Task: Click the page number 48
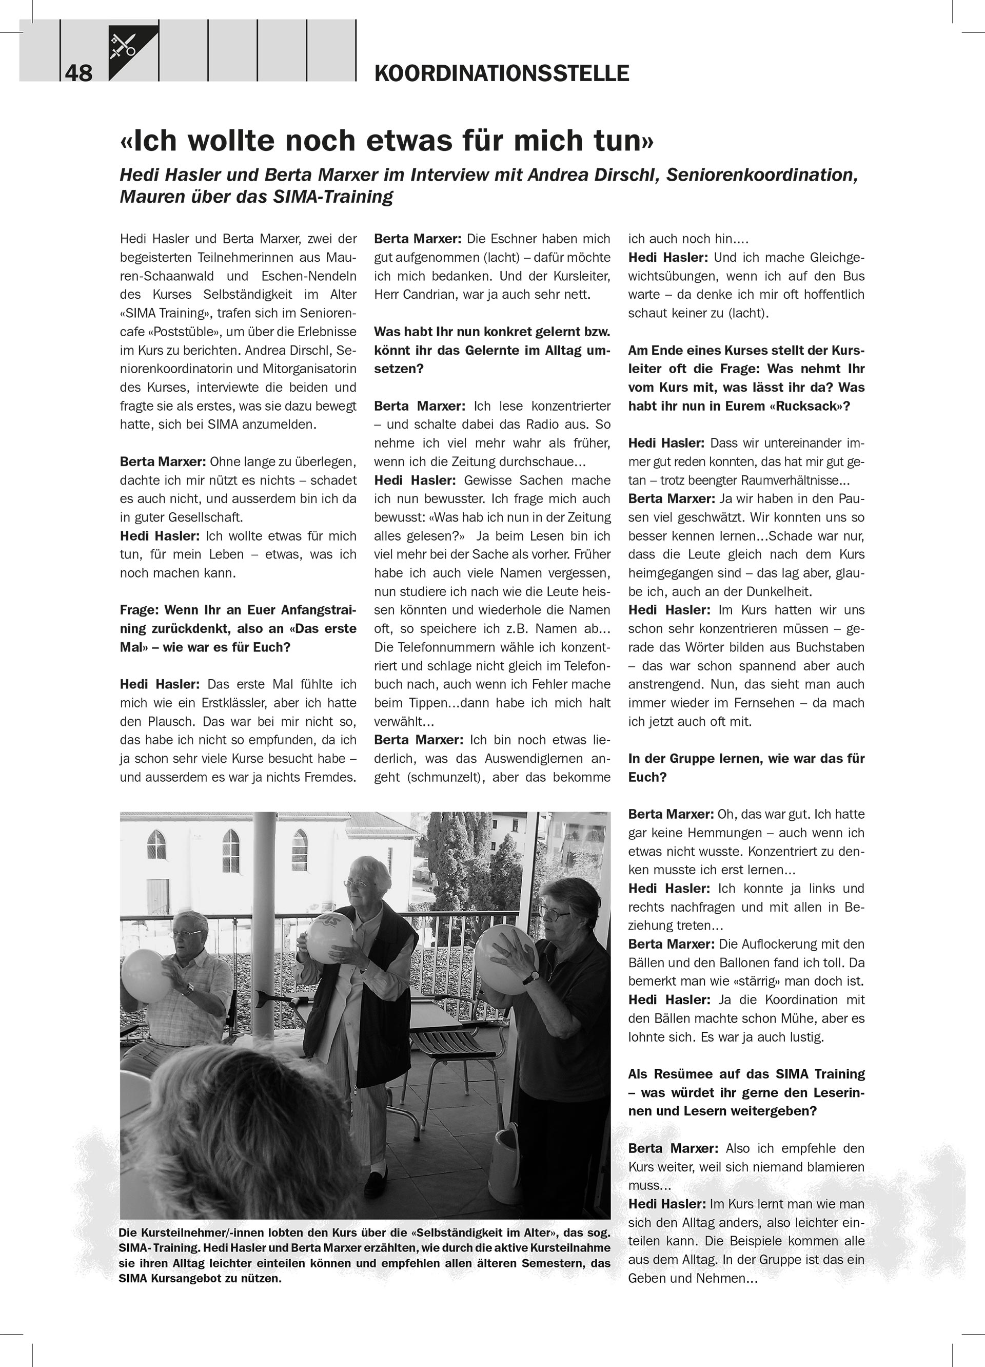[x=78, y=73]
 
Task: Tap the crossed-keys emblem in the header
[x=122, y=46]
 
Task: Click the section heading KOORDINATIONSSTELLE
[x=501, y=73]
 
